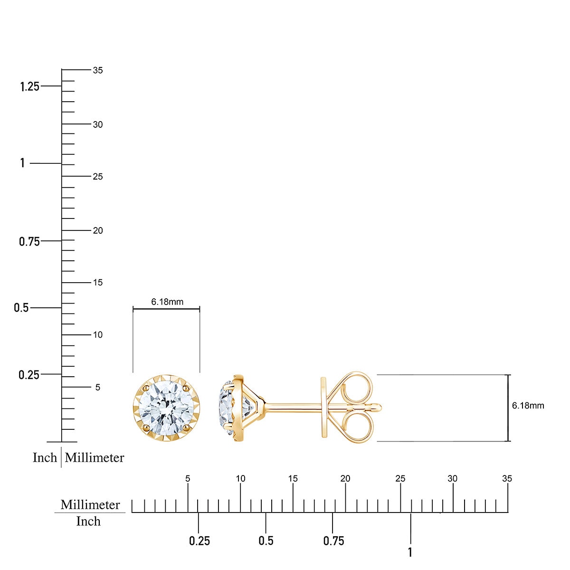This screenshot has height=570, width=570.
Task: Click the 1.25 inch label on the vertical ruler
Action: click(x=29, y=86)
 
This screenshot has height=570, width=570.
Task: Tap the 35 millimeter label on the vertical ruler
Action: click(x=98, y=70)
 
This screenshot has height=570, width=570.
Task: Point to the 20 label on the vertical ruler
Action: click(x=98, y=231)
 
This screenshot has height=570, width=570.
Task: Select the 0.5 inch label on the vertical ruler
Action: click(x=21, y=308)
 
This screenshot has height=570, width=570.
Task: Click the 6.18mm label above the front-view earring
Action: click(x=167, y=302)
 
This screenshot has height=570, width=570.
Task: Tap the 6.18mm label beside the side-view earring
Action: click(x=528, y=405)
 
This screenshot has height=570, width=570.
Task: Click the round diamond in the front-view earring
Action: click(x=166, y=407)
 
